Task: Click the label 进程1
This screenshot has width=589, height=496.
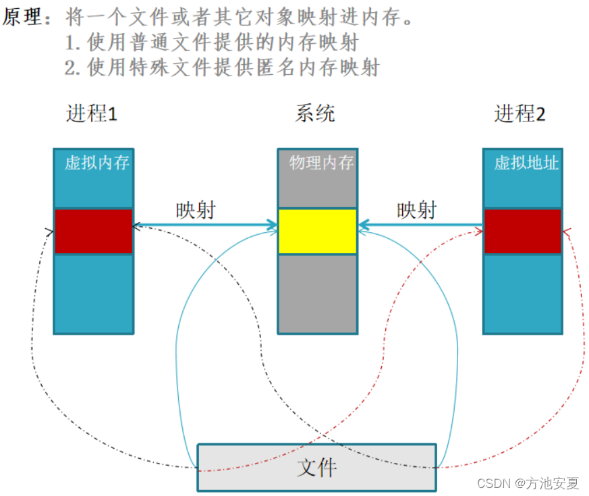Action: coord(92,113)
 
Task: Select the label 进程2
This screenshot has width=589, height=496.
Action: coord(520,113)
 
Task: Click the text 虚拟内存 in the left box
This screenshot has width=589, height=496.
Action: coord(96,163)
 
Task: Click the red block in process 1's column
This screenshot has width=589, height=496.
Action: coord(93,231)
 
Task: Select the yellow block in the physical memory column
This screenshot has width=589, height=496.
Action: coord(317,231)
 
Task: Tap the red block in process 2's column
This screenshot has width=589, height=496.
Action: coord(523,231)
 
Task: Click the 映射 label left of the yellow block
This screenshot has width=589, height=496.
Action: coord(196,210)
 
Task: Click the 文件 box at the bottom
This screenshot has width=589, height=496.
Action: coord(316,467)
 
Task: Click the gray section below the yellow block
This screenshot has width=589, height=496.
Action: coord(317,293)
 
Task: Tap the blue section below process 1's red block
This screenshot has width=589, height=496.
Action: coord(93,293)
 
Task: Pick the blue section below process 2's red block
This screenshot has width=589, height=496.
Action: coord(523,293)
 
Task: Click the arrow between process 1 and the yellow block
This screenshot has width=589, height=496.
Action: coord(205,226)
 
